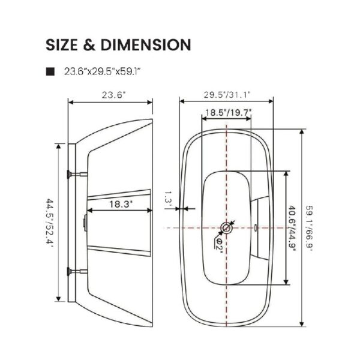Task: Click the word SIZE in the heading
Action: click(x=62, y=44)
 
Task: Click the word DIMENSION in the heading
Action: click(x=146, y=44)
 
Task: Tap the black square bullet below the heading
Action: click(x=50, y=71)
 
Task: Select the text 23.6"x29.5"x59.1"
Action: click(x=102, y=71)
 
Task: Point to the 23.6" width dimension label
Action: click(x=114, y=95)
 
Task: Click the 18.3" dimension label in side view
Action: click(x=121, y=204)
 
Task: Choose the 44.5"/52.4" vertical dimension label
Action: click(x=49, y=223)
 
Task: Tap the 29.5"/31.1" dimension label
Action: click(x=227, y=95)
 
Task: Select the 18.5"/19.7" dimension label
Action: click(x=228, y=113)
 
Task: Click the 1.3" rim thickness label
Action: click(x=168, y=197)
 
